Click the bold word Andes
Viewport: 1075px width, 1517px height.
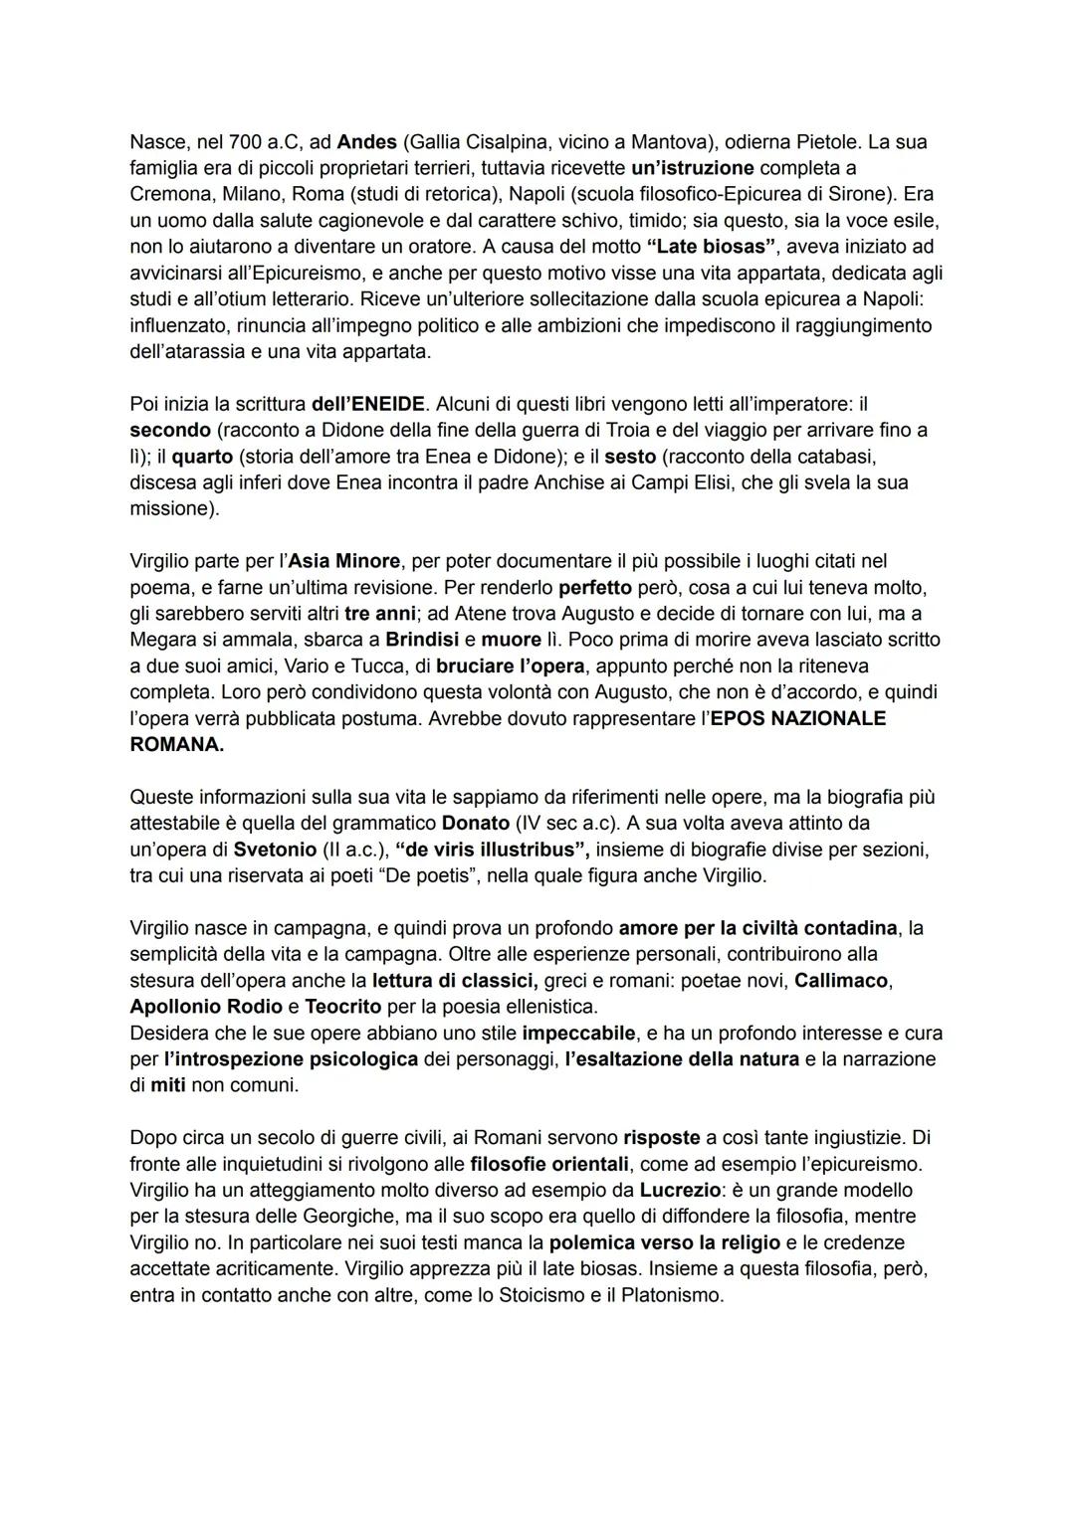pos(364,142)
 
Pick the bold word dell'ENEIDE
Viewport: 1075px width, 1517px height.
pos(368,404)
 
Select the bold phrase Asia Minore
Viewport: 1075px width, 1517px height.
pos(344,561)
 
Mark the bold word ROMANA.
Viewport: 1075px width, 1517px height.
pos(177,744)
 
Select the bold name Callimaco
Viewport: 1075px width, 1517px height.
pos(841,980)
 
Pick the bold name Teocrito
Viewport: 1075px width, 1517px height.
pos(343,1006)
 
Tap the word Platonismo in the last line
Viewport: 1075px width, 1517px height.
pos(666,1295)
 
